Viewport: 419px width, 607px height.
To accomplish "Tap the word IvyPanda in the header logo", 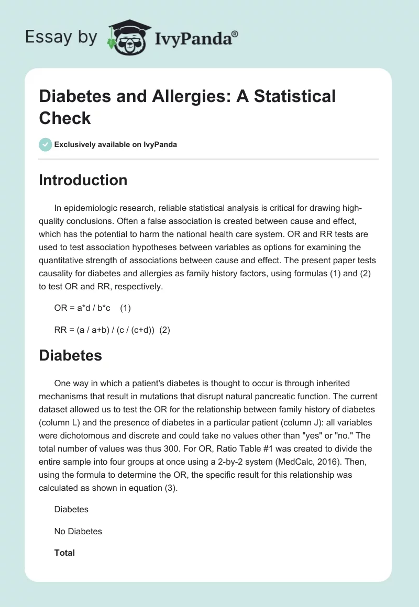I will point(194,38).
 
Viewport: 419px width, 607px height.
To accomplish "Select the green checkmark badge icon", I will point(46,144).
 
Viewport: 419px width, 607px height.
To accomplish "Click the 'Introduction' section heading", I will point(83,180).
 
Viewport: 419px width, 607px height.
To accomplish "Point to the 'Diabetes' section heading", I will point(70,355).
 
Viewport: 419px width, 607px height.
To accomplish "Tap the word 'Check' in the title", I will point(65,118).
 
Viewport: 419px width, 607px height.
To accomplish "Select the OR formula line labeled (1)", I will point(92,309).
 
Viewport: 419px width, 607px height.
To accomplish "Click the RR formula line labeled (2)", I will point(112,330).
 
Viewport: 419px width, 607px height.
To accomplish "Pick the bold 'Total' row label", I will point(64,553).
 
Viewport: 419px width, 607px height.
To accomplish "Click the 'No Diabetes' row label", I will point(78,531).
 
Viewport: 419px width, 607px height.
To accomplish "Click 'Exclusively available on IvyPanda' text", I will point(116,144).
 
